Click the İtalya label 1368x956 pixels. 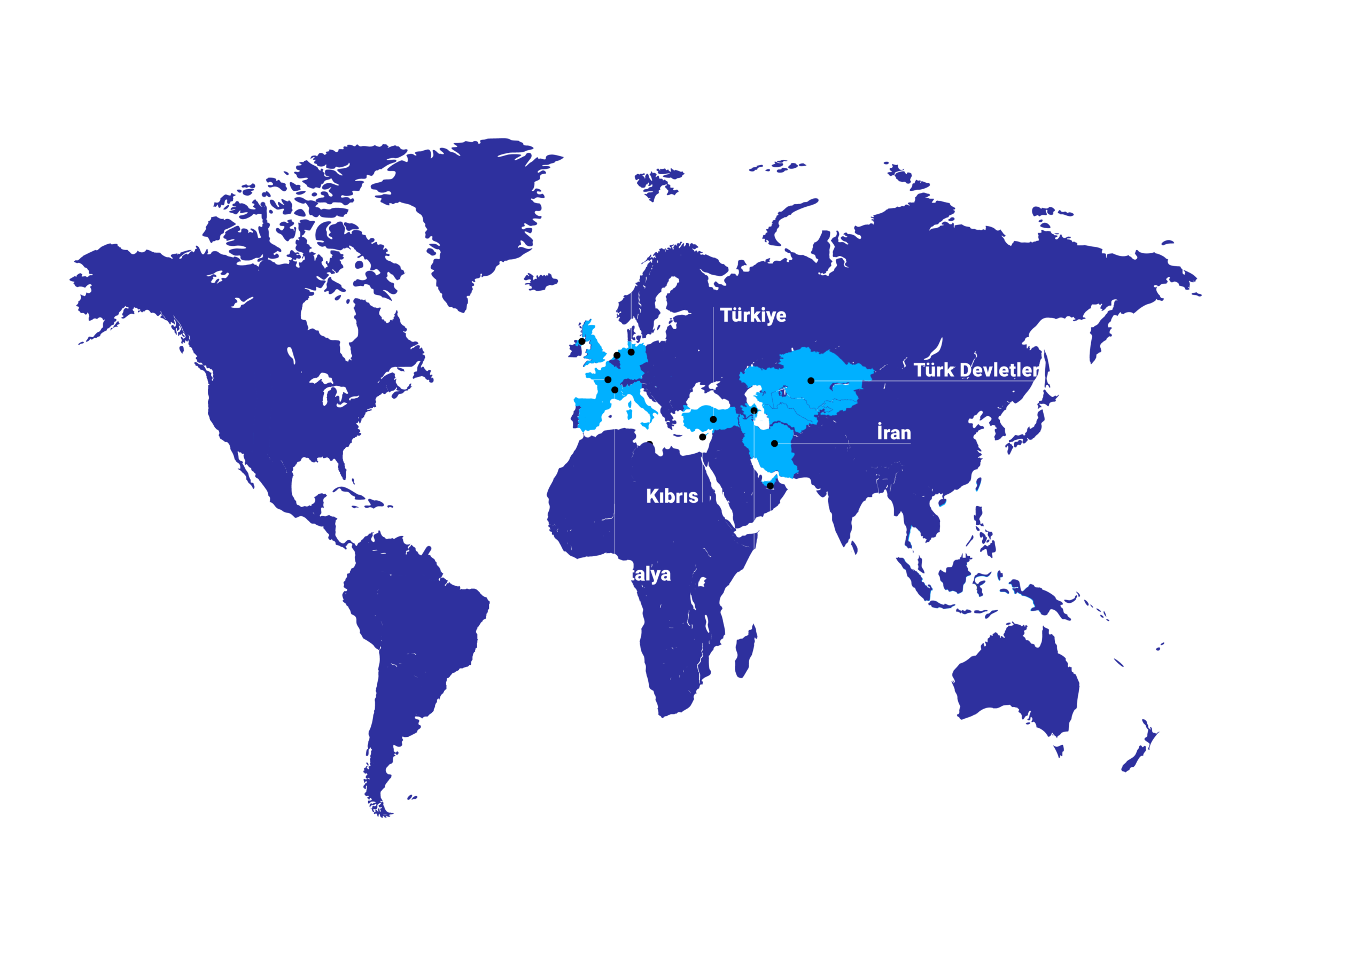click(646, 573)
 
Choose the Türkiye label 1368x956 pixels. click(752, 315)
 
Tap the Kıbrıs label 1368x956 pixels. click(672, 496)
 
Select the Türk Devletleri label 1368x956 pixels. click(978, 370)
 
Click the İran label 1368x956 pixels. click(893, 432)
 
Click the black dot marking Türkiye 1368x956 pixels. click(713, 419)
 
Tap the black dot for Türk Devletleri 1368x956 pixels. click(811, 380)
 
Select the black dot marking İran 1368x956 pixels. click(774, 443)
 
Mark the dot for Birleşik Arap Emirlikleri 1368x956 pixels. click(770, 486)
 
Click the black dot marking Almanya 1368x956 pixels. click(631, 352)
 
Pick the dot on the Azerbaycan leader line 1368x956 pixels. click(753, 410)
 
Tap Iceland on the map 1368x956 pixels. click(541, 281)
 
